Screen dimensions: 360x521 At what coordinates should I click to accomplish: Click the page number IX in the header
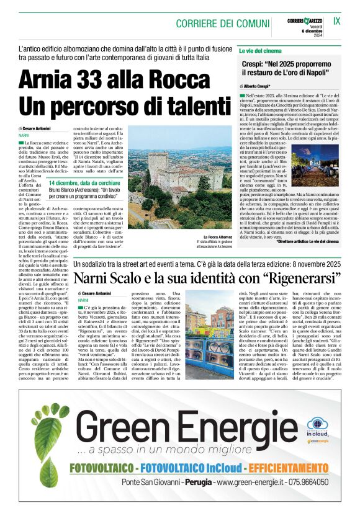point(336,20)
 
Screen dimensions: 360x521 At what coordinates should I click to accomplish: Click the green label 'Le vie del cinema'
point(260,50)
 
